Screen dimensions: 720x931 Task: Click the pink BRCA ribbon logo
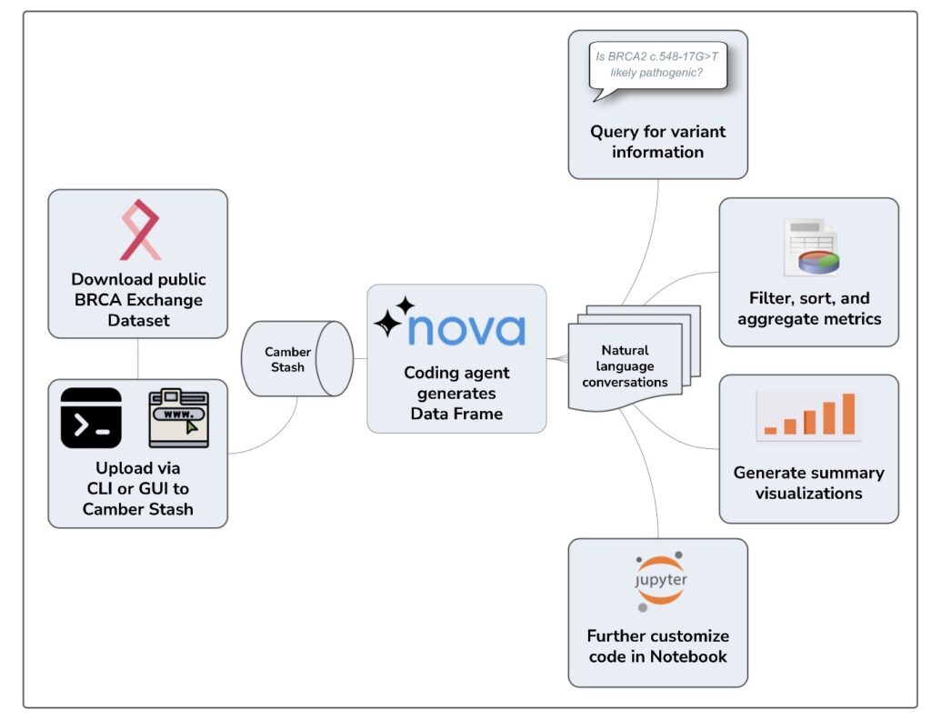tap(139, 229)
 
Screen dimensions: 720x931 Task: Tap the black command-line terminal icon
tap(91, 417)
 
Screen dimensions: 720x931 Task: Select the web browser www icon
tap(178, 417)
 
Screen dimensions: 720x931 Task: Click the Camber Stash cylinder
tap(295, 359)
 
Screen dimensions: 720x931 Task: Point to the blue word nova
tap(466, 328)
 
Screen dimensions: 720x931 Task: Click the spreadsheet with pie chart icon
tap(811, 246)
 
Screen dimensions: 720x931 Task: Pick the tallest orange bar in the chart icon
tap(848, 414)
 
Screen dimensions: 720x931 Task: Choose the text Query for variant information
tap(657, 142)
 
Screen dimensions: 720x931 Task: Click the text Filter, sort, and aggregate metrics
tap(809, 308)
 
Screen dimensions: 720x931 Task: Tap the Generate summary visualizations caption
tap(809, 483)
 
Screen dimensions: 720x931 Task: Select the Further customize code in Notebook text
tap(657, 645)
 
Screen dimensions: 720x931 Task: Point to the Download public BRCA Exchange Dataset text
tap(137, 300)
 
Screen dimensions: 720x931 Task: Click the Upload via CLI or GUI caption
tap(137, 489)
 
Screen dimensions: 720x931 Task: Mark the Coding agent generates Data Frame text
tap(456, 393)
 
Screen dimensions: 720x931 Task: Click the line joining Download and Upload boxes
tap(138, 358)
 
